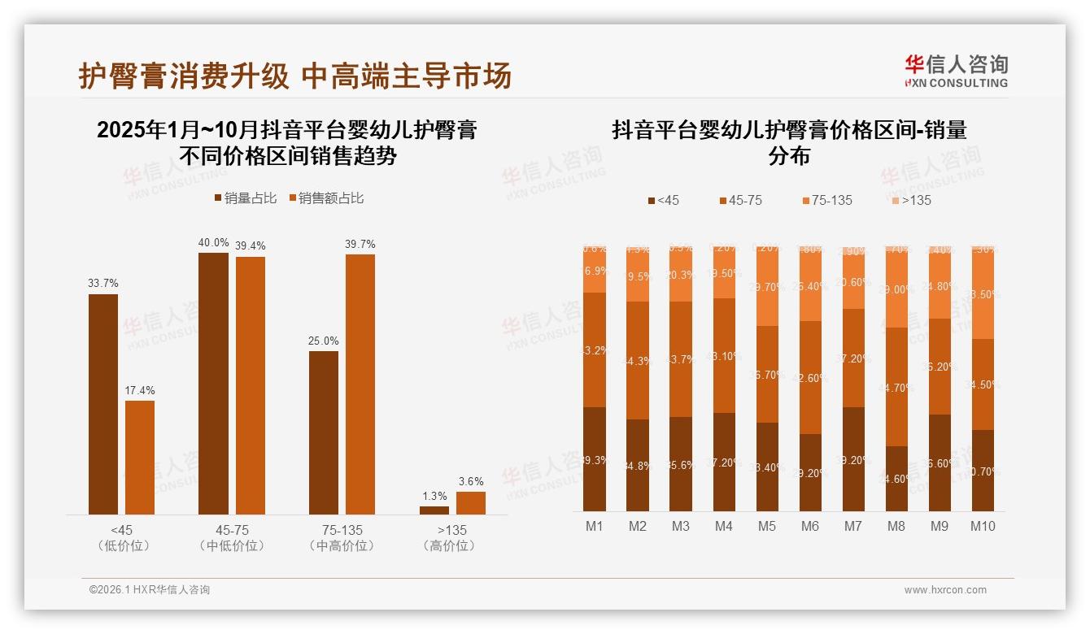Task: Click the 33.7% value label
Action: [x=103, y=283]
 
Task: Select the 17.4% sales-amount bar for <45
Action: [x=139, y=457]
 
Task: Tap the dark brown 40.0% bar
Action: [x=213, y=383]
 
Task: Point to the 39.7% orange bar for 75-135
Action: [x=360, y=384]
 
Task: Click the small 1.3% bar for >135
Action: [x=434, y=510]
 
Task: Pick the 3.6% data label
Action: [x=471, y=481]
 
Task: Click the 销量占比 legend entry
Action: [x=246, y=198]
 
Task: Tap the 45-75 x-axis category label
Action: [x=233, y=530]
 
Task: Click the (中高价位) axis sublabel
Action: [x=342, y=545]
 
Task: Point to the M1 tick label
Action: [x=595, y=526]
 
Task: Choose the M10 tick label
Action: [x=983, y=526]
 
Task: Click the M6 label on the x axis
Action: [x=809, y=526]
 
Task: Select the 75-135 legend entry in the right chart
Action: [x=827, y=200]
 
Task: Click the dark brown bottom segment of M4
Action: [x=724, y=462]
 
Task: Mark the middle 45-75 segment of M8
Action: [x=896, y=387]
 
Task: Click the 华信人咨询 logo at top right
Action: [x=956, y=71]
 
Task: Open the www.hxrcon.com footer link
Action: [x=945, y=590]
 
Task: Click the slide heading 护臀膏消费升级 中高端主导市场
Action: [x=294, y=76]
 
